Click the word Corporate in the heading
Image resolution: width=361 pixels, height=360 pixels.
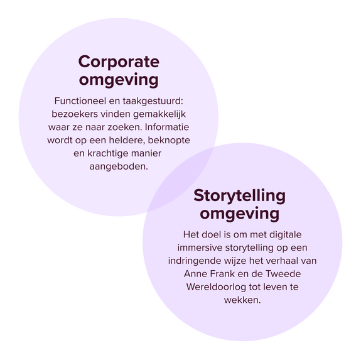click(x=119, y=62)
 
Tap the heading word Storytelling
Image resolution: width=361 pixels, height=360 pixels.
click(x=239, y=196)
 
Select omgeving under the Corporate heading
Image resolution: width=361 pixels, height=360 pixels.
click(x=119, y=80)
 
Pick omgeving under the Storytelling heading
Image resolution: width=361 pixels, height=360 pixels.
click(x=239, y=214)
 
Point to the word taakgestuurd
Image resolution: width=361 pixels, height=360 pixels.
click(x=152, y=101)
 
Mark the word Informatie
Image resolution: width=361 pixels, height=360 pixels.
click(x=167, y=127)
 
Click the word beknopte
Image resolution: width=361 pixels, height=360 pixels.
click(x=169, y=141)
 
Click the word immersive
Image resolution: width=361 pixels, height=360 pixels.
click(x=200, y=248)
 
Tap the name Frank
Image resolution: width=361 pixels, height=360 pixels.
click(x=220, y=274)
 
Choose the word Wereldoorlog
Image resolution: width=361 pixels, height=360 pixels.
click(x=216, y=287)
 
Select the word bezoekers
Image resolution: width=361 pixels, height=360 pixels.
click(x=75, y=114)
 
